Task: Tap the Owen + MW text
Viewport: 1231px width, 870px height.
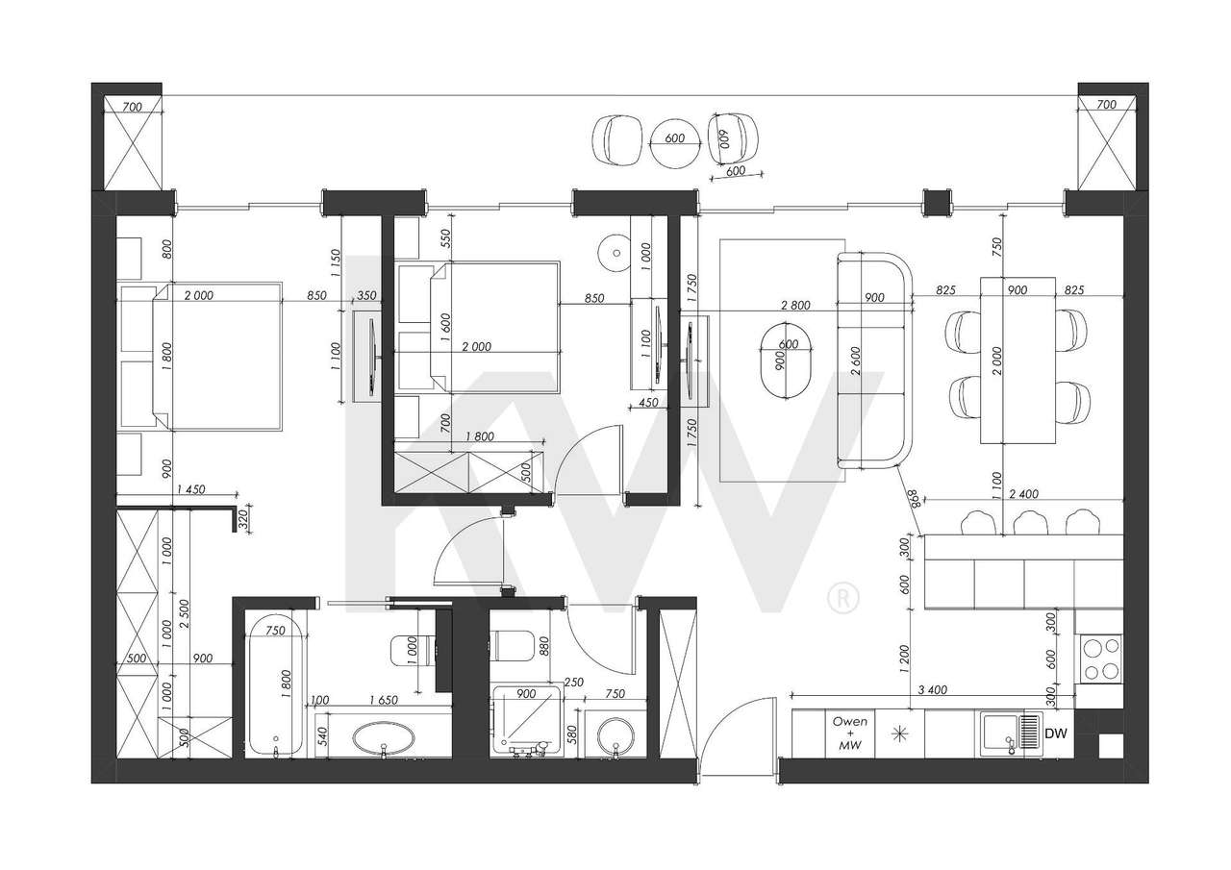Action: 849,733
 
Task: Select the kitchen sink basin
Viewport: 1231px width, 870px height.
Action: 997,733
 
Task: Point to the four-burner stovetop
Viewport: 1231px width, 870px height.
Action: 1099,659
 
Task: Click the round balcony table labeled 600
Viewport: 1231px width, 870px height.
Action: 674,139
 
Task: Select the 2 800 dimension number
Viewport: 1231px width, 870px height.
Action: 795,305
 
